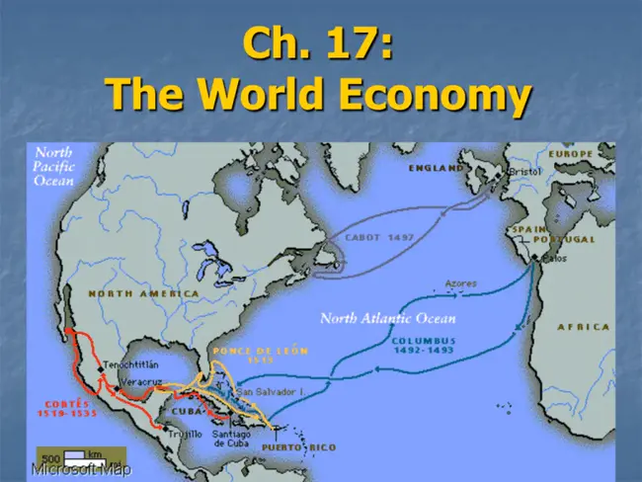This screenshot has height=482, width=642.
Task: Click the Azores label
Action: (x=461, y=283)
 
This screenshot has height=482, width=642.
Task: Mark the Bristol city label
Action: (x=525, y=171)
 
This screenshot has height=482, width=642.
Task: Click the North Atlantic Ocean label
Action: (x=387, y=318)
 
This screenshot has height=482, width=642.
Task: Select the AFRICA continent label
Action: (x=583, y=327)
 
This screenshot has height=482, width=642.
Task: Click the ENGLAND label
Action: (x=436, y=169)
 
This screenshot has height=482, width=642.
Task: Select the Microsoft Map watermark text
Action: (x=80, y=471)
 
